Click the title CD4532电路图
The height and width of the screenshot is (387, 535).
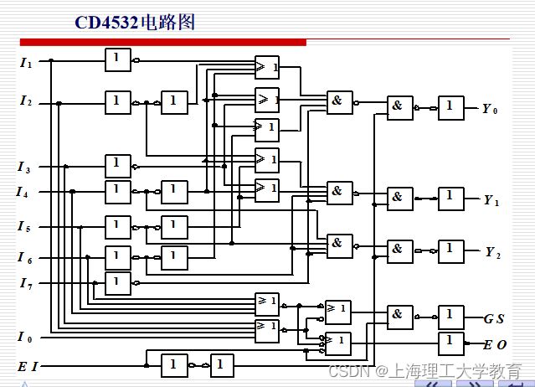tap(134, 22)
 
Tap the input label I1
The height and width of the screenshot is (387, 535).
tap(26, 61)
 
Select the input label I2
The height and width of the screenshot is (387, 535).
tap(26, 101)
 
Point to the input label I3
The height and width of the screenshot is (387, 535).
tap(25, 168)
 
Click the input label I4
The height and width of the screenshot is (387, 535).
tap(23, 192)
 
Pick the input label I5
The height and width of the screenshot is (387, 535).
tap(24, 227)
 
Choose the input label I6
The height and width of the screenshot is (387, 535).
tap(24, 257)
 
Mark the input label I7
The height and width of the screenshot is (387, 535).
tap(25, 283)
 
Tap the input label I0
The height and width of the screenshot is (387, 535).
tap(25, 338)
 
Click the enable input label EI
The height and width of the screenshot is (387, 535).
tap(28, 367)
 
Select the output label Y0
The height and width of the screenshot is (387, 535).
tap(490, 109)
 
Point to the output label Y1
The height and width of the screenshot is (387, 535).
tap(491, 200)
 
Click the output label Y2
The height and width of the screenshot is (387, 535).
tap(492, 252)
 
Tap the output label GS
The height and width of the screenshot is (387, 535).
tap(494, 318)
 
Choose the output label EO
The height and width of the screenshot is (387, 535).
tap(495, 344)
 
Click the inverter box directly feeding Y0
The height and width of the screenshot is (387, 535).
tap(450, 107)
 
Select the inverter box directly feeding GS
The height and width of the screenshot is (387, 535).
tap(450, 317)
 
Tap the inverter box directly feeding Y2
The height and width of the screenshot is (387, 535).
tap(450, 251)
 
